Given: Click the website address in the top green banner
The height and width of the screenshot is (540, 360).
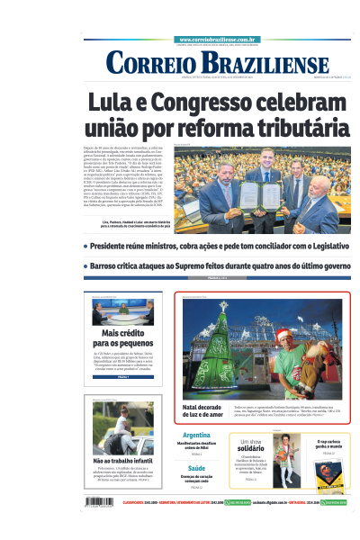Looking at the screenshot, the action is click(x=220, y=40).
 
